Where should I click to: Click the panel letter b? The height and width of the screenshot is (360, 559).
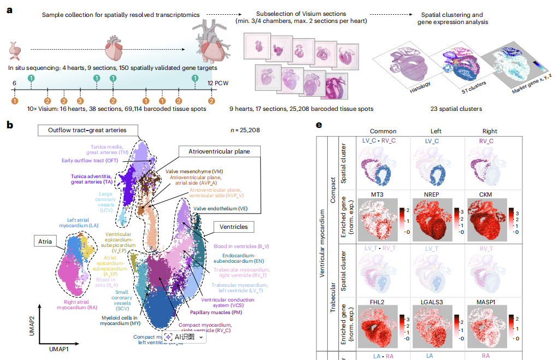pyautogui.click(x=9, y=124)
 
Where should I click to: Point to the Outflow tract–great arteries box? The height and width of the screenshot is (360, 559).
pyautogui.click(x=87, y=130)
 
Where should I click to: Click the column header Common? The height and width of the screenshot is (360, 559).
pyautogui.click(x=383, y=131)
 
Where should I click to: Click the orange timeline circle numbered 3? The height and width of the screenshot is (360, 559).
pyautogui.click(x=80, y=101)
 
